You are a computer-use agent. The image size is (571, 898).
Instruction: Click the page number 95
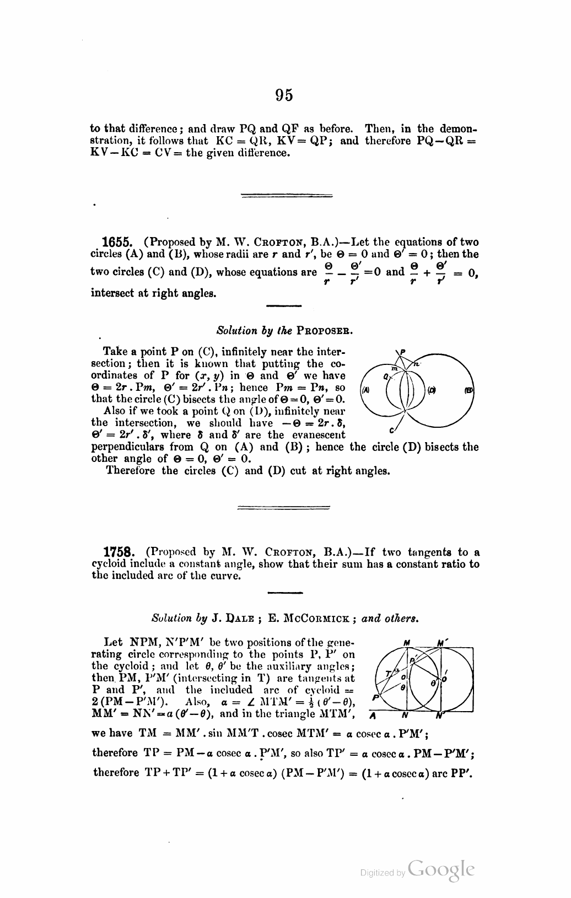pos(284,95)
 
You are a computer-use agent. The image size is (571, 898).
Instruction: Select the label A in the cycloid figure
pos(373,717)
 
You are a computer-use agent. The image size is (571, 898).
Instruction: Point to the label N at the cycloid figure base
pos(405,717)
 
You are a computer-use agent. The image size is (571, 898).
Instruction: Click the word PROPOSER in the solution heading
pos(324,331)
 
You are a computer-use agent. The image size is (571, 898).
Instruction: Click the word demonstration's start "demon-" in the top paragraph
pos(454,129)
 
